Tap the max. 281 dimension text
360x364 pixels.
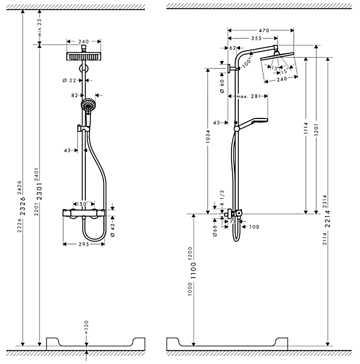[x=248, y=96]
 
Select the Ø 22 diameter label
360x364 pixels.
[x=70, y=80]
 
